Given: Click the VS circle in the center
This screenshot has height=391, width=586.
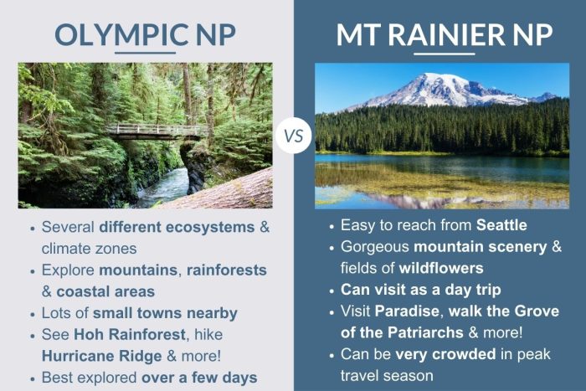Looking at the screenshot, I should click(293, 135).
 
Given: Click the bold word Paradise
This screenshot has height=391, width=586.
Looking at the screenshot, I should click(414, 313).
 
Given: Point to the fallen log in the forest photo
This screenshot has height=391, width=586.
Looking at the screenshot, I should click(226, 193).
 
